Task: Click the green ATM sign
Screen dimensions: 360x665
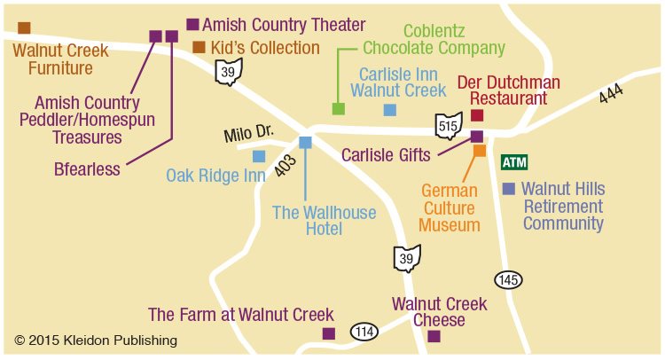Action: pos(514,162)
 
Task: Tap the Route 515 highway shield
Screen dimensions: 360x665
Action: pos(449,126)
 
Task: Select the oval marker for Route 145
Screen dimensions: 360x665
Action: pos(508,279)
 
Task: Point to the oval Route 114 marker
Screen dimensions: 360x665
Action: pos(364,332)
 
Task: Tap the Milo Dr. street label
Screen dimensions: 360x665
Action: pos(248,134)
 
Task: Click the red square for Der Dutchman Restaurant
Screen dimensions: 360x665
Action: pos(477,115)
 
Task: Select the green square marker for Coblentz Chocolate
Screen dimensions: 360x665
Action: pos(338,109)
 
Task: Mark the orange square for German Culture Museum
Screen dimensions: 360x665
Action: pos(480,151)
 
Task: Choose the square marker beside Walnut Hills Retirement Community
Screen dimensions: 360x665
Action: pos(508,189)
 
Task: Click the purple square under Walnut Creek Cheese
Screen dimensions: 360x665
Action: pos(434,336)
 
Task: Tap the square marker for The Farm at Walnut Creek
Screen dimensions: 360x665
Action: pos(328,333)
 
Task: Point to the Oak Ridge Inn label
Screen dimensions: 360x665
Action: pos(215,176)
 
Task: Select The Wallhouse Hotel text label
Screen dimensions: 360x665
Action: pos(324,220)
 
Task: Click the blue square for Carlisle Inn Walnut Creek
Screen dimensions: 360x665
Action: pos(389,110)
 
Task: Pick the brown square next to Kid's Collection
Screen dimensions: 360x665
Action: pos(199,47)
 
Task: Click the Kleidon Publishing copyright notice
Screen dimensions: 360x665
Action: pos(96,340)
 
